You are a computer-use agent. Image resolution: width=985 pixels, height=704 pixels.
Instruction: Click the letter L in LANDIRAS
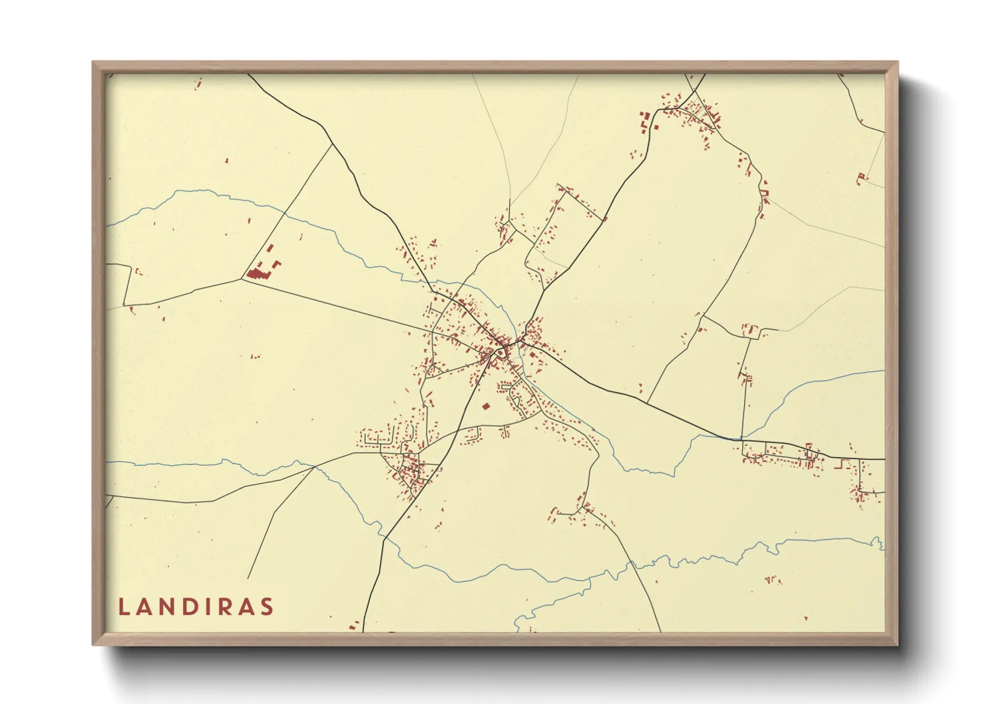(x=123, y=607)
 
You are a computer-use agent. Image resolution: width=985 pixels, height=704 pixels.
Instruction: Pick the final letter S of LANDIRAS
(x=267, y=607)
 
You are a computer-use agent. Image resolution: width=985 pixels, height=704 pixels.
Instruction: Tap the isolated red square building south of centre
(x=486, y=406)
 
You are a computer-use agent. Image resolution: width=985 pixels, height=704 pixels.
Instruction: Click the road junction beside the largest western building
(x=241, y=279)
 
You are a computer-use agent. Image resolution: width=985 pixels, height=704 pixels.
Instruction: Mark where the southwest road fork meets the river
(x=314, y=467)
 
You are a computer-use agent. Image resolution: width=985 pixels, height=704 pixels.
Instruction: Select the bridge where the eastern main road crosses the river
(x=740, y=439)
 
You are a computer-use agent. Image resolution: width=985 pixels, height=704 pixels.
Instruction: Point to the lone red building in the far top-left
(x=198, y=85)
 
